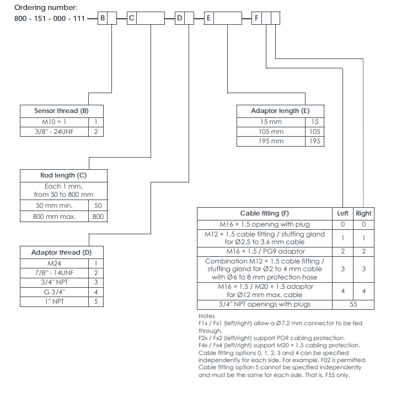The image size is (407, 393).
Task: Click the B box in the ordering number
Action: pyautogui.click(x=103, y=19)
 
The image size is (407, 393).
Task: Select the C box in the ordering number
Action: pyautogui.click(x=131, y=19)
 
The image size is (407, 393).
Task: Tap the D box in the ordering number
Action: pyautogui.click(x=180, y=19)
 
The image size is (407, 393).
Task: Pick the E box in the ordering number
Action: pyautogui.click(x=209, y=19)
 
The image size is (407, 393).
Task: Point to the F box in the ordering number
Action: pyautogui.click(x=257, y=19)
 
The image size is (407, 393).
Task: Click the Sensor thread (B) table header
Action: pyautogui.click(x=61, y=111)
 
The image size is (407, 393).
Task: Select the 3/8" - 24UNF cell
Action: pyautogui.click(x=54, y=131)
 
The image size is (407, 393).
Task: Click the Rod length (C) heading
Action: pyautogui.click(x=63, y=175)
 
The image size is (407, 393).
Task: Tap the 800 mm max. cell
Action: pyautogui.click(x=55, y=216)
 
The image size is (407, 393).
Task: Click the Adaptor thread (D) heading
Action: pyautogui.click(x=61, y=252)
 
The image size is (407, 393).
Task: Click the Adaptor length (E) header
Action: pyautogui.click(x=280, y=111)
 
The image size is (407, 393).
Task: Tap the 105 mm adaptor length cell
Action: pyautogui.click(x=271, y=131)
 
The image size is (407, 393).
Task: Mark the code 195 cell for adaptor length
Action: pyautogui.click(x=315, y=141)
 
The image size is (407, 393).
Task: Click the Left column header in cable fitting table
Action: pyautogui.click(x=342, y=213)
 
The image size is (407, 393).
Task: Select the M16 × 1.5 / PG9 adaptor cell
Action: pyautogui.click(x=265, y=251)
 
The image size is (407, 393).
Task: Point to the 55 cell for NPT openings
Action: pyautogui.click(x=353, y=304)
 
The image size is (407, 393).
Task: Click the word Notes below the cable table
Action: pyautogui.click(x=206, y=316)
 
